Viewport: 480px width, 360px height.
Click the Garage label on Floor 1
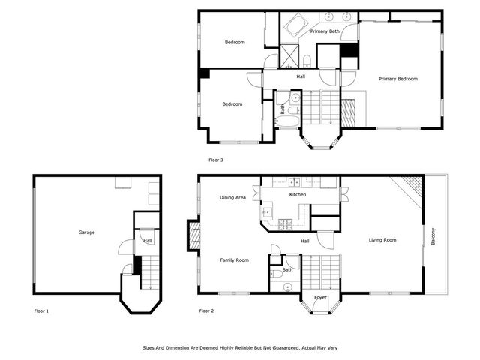point(86,232)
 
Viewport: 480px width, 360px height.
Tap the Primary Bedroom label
point(397,79)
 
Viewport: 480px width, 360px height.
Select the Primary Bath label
point(325,31)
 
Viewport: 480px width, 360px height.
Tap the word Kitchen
point(298,195)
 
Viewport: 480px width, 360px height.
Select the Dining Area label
point(232,198)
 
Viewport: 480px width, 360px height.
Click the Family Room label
point(234,260)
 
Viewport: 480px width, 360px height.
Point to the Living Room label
point(382,240)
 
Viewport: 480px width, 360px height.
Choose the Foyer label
point(320,297)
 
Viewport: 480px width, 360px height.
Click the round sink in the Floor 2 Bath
point(278,286)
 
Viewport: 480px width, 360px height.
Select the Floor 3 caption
point(216,160)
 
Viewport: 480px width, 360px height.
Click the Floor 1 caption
point(41,310)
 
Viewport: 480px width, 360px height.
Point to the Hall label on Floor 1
point(148,240)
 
